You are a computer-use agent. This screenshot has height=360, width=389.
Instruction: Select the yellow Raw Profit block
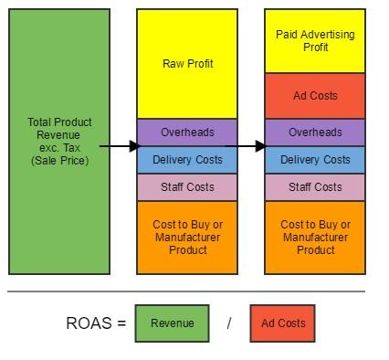[187, 64]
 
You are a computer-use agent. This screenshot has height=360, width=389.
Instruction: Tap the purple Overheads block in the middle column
[187, 132]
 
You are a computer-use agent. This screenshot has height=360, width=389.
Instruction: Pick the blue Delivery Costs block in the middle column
[187, 160]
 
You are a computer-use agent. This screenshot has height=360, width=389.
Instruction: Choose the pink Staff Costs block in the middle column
[187, 187]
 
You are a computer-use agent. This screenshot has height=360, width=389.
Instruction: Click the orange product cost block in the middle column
[187, 237]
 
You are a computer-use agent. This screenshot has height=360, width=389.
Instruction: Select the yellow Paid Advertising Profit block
[315, 41]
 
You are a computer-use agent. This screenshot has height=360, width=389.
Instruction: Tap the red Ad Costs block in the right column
[315, 96]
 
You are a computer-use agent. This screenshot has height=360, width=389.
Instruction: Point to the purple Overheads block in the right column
[315, 132]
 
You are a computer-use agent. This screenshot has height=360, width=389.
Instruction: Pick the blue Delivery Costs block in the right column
[315, 160]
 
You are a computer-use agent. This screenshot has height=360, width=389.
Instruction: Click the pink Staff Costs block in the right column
[315, 187]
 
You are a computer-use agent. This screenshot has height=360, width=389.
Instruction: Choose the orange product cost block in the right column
[315, 237]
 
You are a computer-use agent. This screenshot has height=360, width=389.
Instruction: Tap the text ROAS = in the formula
[96, 323]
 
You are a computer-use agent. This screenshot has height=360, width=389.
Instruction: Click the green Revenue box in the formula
[172, 323]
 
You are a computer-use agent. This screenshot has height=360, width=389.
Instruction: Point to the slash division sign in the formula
[229, 323]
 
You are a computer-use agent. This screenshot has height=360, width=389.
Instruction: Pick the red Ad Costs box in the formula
[282, 323]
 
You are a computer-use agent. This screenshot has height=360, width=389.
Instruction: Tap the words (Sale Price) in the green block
[60, 161]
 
